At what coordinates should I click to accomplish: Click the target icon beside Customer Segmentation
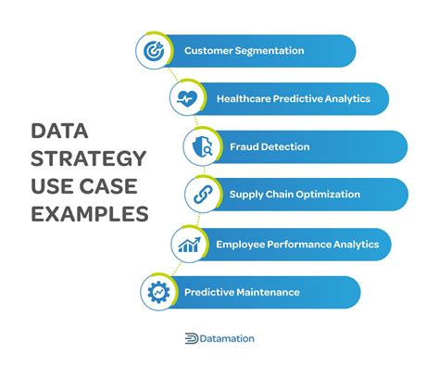[x=152, y=50]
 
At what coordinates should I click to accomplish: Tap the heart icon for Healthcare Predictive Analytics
[x=185, y=97]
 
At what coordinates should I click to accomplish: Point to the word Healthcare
[x=245, y=97]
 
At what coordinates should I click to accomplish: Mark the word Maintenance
[x=270, y=292]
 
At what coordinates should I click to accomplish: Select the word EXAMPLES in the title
[x=91, y=213]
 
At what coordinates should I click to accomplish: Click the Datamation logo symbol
[x=191, y=339]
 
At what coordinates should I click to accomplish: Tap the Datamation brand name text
[x=227, y=339]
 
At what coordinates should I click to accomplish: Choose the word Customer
[x=208, y=50]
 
